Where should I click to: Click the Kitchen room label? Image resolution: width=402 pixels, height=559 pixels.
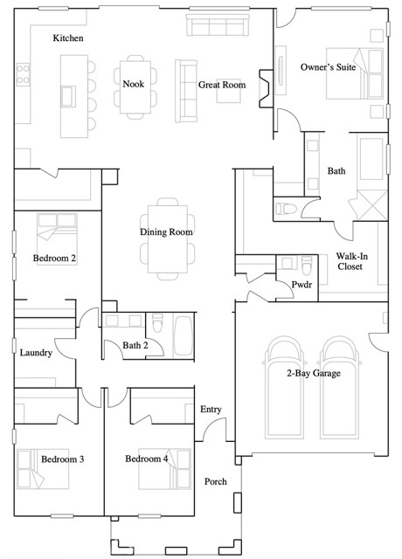[x=68, y=38]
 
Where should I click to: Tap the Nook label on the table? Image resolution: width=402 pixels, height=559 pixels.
[x=134, y=84]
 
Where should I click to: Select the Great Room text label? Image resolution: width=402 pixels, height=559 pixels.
[x=222, y=85]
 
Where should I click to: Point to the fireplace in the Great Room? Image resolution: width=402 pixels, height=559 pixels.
[x=266, y=88]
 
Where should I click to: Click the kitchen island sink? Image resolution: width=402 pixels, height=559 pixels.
[x=68, y=96]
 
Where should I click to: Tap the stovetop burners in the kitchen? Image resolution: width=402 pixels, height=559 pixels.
[x=23, y=74]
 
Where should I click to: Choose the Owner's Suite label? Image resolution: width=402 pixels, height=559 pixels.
[x=329, y=66]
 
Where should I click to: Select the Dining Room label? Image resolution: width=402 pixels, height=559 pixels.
[x=166, y=231]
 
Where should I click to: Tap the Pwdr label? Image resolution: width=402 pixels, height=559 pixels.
[x=301, y=285]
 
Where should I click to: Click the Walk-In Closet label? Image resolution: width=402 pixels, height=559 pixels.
[x=351, y=261]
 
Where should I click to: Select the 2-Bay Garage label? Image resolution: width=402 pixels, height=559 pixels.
[x=314, y=373]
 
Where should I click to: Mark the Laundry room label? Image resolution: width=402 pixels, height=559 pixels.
[x=36, y=353]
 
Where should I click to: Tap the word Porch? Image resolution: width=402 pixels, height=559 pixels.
[x=216, y=481]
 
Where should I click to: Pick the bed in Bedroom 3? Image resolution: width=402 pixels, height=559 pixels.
[x=43, y=469]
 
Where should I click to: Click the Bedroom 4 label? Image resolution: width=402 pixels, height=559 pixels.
[x=147, y=459]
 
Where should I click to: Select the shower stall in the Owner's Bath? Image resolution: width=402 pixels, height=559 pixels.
[x=372, y=205]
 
